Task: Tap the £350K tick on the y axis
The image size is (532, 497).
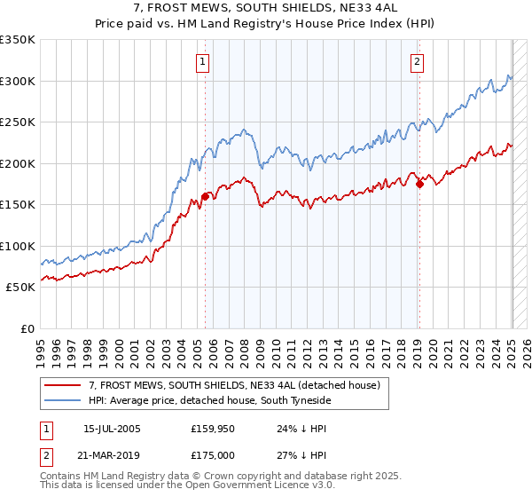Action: coord(18,40)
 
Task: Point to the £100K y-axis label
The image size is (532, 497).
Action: coord(18,246)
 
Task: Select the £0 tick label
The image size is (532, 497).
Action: coord(27,328)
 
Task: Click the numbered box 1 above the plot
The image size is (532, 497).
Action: coord(204,61)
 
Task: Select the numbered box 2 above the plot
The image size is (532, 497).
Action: coord(417,61)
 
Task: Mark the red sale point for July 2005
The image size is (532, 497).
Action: coord(205,197)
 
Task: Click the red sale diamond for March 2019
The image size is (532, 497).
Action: coord(420,185)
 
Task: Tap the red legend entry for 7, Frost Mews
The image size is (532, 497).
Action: coord(234,384)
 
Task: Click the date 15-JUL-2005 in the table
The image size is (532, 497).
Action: coord(112,429)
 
